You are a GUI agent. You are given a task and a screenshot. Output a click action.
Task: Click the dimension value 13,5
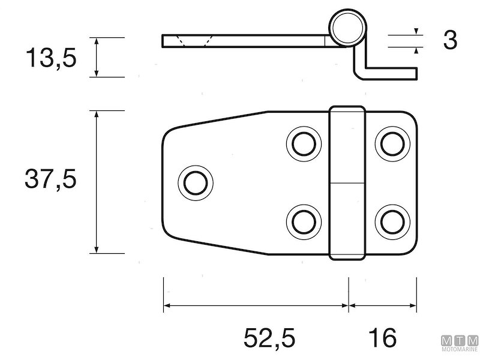point(50,58)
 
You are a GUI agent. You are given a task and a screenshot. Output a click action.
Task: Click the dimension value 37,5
point(50,179)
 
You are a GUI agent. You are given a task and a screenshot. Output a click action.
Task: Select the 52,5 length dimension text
point(269,337)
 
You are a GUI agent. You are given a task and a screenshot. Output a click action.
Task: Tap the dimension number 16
point(383,337)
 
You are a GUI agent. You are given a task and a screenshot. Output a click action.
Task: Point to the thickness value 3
point(450,41)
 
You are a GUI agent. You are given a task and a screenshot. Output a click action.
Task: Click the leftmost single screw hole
point(195,182)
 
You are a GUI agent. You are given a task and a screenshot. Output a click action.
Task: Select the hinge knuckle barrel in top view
point(347,183)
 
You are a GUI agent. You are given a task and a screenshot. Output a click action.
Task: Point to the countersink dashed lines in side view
point(192,41)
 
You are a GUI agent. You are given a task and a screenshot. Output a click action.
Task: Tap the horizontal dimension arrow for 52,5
point(256,305)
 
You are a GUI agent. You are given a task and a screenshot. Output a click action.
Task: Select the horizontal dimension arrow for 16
point(383,305)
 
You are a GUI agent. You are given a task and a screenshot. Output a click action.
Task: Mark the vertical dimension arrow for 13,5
point(96,57)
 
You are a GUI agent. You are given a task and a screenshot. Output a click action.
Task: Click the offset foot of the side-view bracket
point(390,72)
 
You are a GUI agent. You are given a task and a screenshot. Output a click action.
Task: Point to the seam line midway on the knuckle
point(347,183)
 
